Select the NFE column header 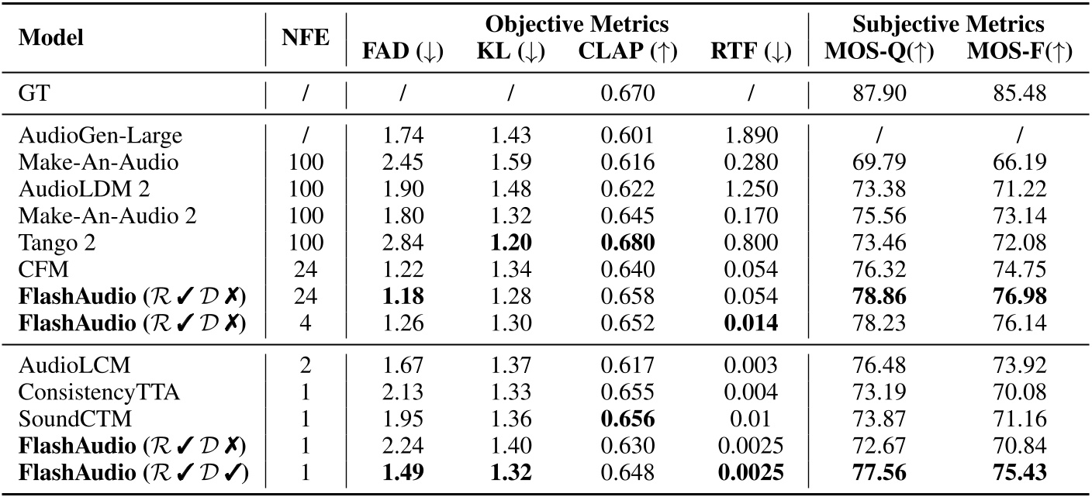306,38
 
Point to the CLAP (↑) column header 628,52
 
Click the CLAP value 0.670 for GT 627,94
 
